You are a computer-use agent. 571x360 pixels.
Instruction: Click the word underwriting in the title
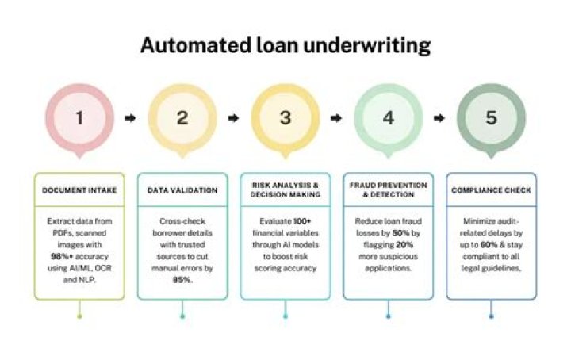tap(366, 45)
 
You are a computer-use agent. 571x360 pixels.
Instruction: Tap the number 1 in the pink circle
tap(79, 117)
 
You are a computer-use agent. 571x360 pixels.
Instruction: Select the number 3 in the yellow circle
tap(285, 117)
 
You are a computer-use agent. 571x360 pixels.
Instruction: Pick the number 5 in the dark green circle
tap(491, 117)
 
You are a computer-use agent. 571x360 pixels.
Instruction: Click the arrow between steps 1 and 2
tap(130, 118)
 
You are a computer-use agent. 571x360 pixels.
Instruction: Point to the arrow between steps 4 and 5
tap(439, 118)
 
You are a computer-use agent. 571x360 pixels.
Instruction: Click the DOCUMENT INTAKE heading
tap(79, 190)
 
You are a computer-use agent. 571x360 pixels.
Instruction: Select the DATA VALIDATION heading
tap(182, 190)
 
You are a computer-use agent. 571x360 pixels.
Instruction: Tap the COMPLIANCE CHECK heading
tap(491, 190)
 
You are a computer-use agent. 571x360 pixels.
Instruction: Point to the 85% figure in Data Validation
tap(182, 280)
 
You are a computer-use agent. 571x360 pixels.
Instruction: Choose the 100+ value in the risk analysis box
tap(303, 221)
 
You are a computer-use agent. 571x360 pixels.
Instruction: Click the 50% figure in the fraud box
tap(401, 233)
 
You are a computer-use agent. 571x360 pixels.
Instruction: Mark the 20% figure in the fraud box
tap(404, 244)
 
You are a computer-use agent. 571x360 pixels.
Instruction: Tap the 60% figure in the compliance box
tap(489, 244)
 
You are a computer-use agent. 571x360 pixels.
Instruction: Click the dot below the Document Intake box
tap(79, 316)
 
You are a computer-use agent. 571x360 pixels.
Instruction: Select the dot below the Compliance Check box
tap(491, 316)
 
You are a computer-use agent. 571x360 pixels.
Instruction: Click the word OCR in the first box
tap(104, 268)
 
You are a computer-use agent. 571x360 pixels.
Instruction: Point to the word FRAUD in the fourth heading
tap(362, 185)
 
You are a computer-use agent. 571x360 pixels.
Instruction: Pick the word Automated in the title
tap(196, 45)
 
